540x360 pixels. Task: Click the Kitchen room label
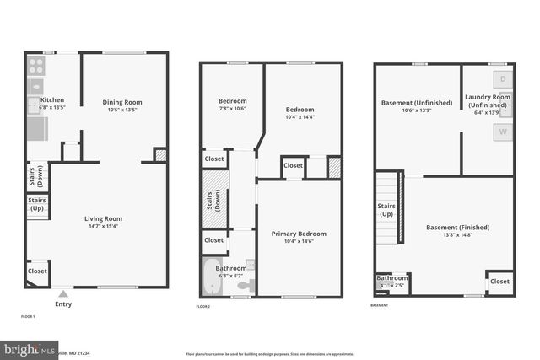click(41, 100)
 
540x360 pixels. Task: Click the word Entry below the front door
click(62, 304)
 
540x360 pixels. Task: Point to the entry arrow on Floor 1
click(62, 293)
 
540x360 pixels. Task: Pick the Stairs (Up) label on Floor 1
click(36, 203)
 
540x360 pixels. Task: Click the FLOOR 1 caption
click(28, 316)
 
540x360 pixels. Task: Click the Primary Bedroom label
click(299, 234)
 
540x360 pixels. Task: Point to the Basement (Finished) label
click(457, 228)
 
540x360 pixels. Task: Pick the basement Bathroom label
click(392, 278)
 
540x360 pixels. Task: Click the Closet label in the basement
click(499, 281)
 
